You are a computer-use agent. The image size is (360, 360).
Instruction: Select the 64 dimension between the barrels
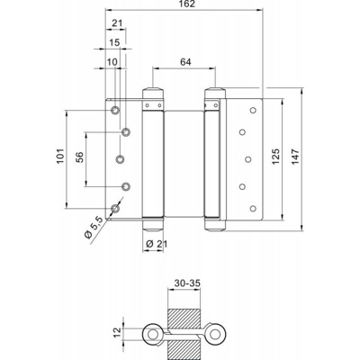185,62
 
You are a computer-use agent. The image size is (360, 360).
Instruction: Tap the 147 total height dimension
295,157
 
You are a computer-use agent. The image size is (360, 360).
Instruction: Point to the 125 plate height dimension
275,157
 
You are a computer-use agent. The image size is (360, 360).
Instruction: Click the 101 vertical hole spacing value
60,156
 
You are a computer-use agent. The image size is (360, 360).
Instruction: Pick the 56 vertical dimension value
79,157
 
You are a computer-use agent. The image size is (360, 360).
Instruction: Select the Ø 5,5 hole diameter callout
94,228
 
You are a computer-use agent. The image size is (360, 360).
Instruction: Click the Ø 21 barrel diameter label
157,244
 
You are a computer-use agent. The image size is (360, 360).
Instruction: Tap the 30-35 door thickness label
187,283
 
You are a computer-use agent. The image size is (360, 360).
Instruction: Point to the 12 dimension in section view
117,332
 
